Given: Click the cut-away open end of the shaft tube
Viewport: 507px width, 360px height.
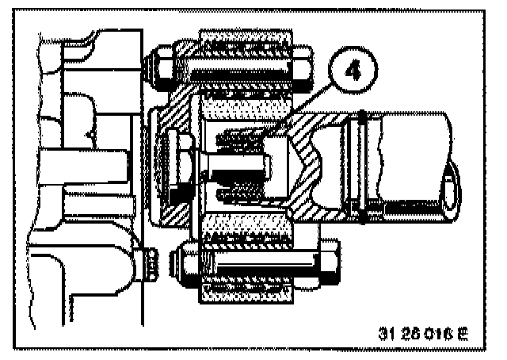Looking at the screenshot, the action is [x=450, y=187].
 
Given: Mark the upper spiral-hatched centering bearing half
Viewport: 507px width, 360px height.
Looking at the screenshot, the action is [x=242, y=140].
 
